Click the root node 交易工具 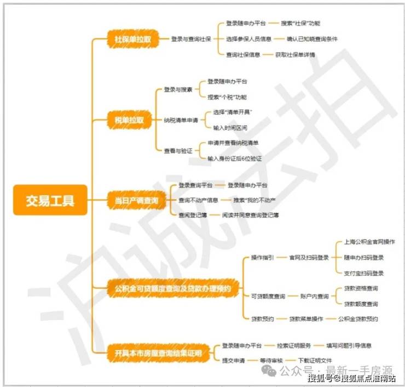click(x=50, y=200)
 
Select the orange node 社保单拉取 click(x=133, y=39)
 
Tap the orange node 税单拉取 click(x=129, y=120)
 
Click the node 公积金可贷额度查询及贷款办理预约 click(x=172, y=288)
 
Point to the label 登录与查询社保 click(x=190, y=39)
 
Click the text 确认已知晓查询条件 click(x=312, y=39)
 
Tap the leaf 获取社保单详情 click(x=295, y=55)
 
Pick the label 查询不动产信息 click(x=198, y=200)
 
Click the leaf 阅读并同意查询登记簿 click(x=250, y=215)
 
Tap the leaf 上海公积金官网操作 click(x=369, y=242)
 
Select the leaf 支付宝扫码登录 click(x=363, y=273)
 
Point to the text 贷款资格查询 click(x=361, y=288)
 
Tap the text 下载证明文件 click(x=315, y=360)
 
